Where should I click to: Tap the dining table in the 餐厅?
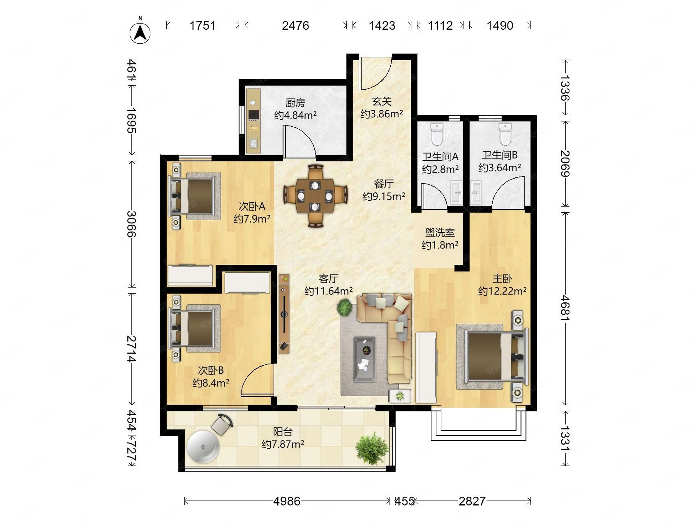[315, 196]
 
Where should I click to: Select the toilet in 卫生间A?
[437, 134]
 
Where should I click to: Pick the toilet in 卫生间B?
[505, 134]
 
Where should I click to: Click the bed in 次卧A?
[195, 196]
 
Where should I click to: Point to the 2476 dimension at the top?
[296, 26]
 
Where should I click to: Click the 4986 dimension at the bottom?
[287, 501]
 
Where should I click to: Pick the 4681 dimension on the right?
[565, 308]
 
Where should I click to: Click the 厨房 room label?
[295, 103]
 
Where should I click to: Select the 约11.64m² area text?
[328, 291]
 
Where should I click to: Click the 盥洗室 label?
[440, 233]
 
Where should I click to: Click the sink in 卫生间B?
[476, 192]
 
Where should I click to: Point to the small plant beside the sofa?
[344, 307]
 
